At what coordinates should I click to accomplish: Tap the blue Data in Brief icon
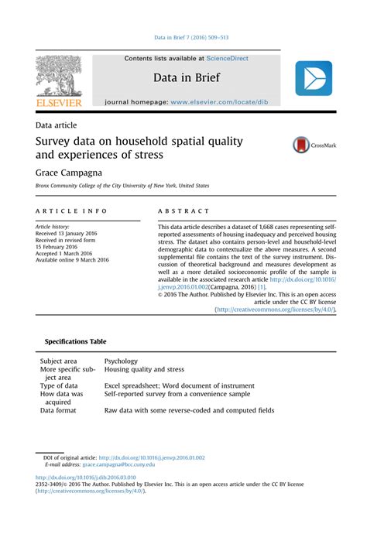pos(314,79)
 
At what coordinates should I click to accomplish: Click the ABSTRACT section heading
pos(183,211)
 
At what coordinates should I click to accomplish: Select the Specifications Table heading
pos(75,341)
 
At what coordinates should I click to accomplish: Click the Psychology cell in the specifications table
pos(121,361)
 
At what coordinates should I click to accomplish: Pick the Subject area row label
pos(59,361)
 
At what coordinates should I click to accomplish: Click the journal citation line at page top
pos(183,37)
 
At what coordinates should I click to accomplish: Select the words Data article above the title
pos(56,124)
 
